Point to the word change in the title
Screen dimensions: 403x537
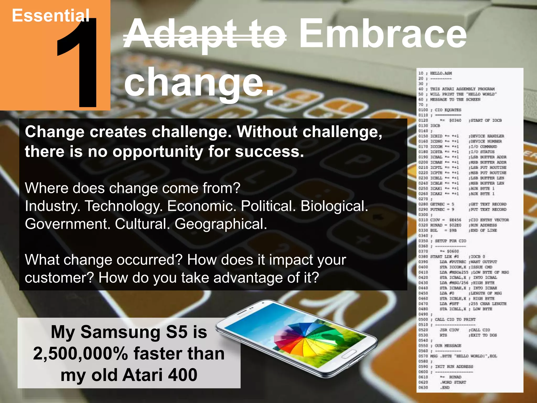click(x=194, y=83)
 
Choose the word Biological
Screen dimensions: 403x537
click(x=334, y=206)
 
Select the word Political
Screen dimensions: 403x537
click(x=268, y=206)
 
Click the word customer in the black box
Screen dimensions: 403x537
click(x=59, y=278)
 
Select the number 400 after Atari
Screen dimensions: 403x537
click(x=182, y=375)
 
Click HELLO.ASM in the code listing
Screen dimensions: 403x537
click(x=441, y=73)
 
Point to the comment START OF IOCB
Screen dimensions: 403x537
click(x=486, y=120)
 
